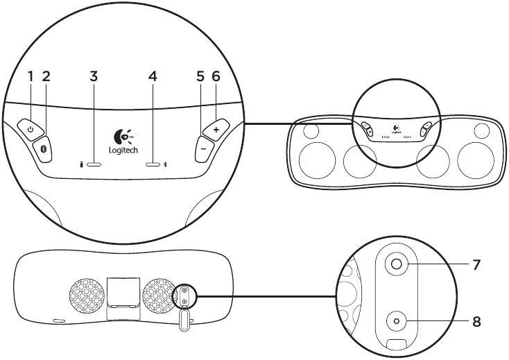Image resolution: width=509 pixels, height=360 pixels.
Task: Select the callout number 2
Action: [46, 76]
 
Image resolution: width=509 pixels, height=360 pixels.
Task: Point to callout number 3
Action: [94, 76]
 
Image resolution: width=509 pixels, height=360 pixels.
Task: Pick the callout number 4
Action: [153, 76]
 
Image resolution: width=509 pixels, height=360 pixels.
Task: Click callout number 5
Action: [200, 76]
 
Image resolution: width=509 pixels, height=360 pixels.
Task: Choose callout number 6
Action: [216, 76]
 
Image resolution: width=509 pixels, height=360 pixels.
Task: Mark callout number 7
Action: [477, 264]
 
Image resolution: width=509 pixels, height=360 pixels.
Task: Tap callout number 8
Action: [477, 322]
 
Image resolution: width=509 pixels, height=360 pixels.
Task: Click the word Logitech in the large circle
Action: [123, 150]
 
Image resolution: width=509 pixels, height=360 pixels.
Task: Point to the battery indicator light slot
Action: [94, 165]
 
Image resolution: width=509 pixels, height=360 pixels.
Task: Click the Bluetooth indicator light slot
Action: [153, 165]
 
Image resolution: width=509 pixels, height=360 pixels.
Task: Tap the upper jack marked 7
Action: [397, 264]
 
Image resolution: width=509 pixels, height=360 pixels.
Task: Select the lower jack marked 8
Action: [397, 321]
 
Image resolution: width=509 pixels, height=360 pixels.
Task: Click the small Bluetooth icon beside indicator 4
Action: [165, 165]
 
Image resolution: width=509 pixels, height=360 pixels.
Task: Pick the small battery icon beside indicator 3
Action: [81, 165]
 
